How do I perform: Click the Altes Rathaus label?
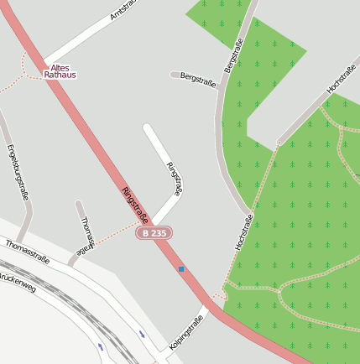click(x=60, y=70)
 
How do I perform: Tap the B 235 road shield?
click(x=154, y=232)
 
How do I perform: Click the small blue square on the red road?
click(x=180, y=269)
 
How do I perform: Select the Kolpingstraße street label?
click(x=186, y=332)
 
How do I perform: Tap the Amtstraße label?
click(x=123, y=11)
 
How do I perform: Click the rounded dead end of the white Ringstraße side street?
click(x=148, y=128)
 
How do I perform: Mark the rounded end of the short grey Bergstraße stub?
click(x=174, y=75)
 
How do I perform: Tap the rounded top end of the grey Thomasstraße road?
click(x=79, y=204)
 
